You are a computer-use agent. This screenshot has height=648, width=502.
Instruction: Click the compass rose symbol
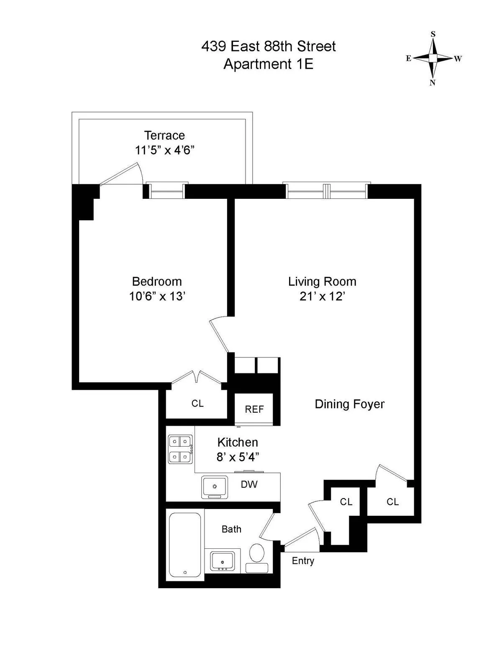click(433, 58)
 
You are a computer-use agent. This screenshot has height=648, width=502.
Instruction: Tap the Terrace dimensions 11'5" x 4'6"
click(164, 150)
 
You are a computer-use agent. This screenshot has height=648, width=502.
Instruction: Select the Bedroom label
click(157, 281)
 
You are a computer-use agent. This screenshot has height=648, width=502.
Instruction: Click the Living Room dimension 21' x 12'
click(322, 296)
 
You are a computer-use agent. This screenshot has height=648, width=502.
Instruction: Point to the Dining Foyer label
click(349, 404)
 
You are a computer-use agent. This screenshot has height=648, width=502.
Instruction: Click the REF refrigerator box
click(254, 409)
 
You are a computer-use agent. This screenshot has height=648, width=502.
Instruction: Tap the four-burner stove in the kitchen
click(180, 449)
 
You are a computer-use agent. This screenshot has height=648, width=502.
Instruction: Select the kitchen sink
click(215, 487)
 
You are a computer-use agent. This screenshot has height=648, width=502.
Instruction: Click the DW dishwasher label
click(249, 484)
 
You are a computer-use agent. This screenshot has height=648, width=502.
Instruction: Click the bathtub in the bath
click(184, 545)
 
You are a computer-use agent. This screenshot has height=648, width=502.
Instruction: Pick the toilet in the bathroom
click(257, 553)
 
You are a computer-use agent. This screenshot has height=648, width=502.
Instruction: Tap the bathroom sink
click(222, 560)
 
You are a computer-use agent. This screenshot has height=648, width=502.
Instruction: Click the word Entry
click(303, 561)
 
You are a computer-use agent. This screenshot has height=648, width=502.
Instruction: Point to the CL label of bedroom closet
click(197, 403)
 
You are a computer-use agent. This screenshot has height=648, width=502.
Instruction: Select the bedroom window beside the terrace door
click(166, 191)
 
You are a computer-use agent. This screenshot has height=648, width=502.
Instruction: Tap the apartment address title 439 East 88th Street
click(268, 46)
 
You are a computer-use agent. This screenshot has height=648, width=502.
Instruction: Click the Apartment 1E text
click(268, 64)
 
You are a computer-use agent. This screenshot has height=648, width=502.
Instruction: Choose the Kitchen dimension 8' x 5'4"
click(238, 457)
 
